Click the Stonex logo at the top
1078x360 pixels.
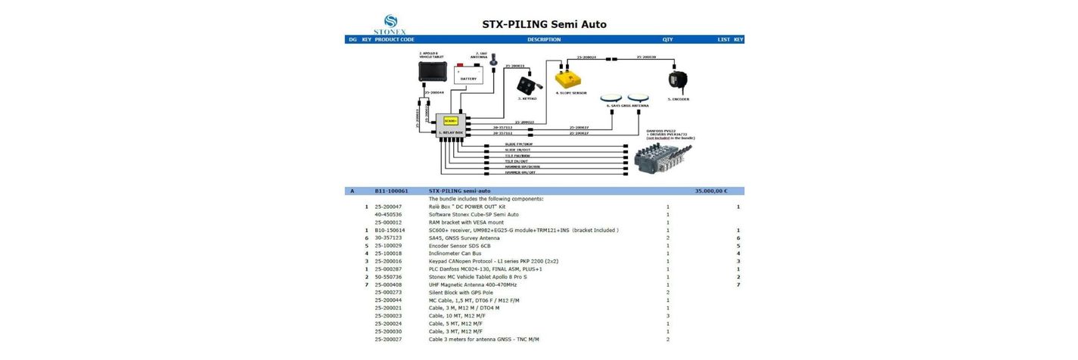click(x=390, y=24)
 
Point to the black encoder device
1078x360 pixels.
click(x=677, y=79)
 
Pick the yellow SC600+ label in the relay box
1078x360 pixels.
click(x=450, y=121)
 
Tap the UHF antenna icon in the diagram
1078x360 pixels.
click(x=494, y=61)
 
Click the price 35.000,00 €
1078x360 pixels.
click(x=710, y=191)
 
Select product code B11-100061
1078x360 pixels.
click(x=391, y=191)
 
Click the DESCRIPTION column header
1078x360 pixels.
click(x=544, y=39)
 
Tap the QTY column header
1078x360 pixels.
click(x=667, y=39)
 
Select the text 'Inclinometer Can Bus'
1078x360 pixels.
click(x=455, y=253)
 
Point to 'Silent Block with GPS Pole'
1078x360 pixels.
click(x=461, y=293)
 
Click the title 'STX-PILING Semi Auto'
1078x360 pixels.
click(x=544, y=24)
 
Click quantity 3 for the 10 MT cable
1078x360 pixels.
click(x=668, y=316)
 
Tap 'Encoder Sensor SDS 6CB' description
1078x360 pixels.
click(x=459, y=246)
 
